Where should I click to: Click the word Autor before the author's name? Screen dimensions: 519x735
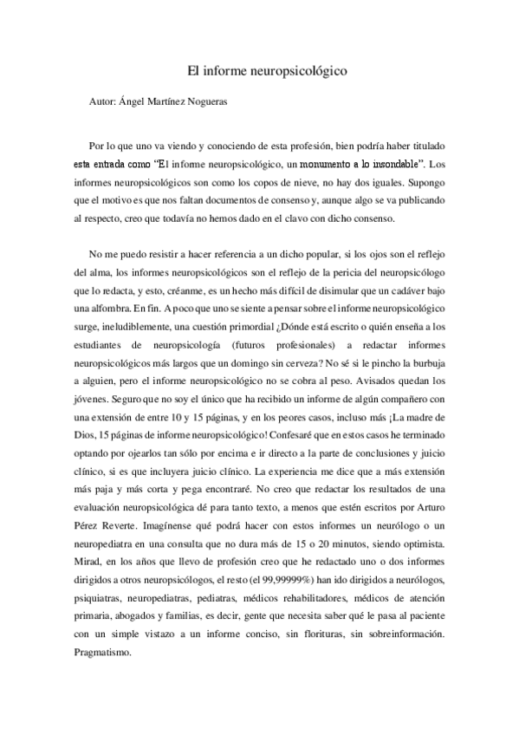point(102,101)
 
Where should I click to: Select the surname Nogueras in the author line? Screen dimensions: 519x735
point(224,101)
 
